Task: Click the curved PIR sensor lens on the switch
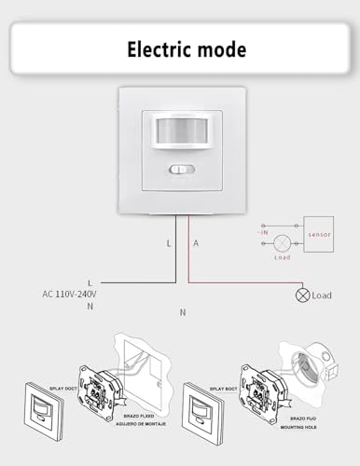pyautogui.click(x=179, y=133)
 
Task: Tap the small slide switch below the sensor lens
pyautogui.click(x=179, y=170)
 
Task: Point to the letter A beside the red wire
pyautogui.click(x=196, y=243)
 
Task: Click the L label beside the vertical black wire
pyautogui.click(x=168, y=243)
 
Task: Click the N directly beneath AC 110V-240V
pyautogui.click(x=90, y=306)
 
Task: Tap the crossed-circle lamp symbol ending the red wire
pyautogui.click(x=301, y=295)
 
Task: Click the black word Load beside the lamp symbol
pyautogui.click(x=322, y=295)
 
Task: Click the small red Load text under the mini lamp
pyautogui.click(x=283, y=256)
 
